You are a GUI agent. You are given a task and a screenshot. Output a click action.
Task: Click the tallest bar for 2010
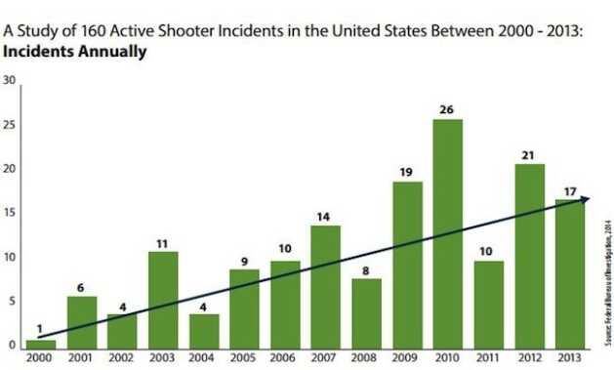pos(447,234)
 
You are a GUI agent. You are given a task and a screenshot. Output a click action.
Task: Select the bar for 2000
pos(41,345)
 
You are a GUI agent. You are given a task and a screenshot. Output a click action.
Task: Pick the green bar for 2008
pos(366,313)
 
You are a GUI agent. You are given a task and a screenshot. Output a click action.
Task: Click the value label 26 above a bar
pos(447,109)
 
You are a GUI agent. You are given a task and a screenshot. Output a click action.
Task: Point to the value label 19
pos(406,172)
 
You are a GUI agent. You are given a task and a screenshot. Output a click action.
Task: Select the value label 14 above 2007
pos(325,216)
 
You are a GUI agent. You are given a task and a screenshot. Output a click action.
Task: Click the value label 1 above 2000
pos(41,329)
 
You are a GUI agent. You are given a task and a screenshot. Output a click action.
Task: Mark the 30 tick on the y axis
pos(9,81)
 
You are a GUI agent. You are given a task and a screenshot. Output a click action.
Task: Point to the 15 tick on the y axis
pos(9,214)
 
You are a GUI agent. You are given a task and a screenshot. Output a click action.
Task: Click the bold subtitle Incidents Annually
pos(76,51)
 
